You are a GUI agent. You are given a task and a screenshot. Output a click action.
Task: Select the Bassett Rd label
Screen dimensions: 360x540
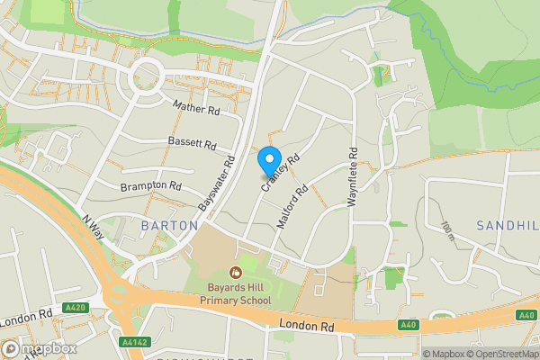point(193,143)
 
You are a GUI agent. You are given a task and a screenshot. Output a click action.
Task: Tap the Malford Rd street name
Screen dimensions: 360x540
point(293,205)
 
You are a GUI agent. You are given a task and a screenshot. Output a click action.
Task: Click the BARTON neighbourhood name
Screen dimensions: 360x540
point(168,224)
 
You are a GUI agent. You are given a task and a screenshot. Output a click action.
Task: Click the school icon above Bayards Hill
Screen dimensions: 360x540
point(236,271)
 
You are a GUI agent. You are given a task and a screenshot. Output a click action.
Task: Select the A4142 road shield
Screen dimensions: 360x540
point(133,343)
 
